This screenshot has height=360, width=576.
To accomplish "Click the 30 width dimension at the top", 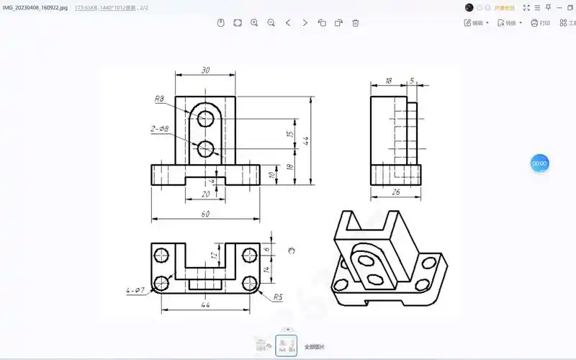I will click(206, 70).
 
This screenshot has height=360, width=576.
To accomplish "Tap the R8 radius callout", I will click(159, 99).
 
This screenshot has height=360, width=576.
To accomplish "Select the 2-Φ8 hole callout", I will click(159, 129).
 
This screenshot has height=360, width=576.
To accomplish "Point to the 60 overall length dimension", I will click(205, 214).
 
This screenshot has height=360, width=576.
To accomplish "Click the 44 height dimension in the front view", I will click(305, 140).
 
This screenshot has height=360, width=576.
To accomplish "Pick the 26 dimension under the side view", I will click(395, 192).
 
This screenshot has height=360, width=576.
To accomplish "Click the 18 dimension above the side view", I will click(389, 81).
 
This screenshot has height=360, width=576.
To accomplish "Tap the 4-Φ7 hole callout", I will click(135, 291).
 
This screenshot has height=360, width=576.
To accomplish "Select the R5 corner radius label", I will click(277, 296).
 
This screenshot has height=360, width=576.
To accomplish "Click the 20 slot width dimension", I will click(206, 194).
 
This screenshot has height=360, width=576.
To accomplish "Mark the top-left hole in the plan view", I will click(161, 254).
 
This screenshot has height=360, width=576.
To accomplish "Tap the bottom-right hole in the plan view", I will click(251, 281).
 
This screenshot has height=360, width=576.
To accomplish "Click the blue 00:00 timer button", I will click(539, 163).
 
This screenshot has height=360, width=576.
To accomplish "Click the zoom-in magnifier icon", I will click(254, 23).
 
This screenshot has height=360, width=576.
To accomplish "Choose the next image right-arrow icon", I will click(305, 23).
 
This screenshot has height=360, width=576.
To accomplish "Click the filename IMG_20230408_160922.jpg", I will click(35, 6).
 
